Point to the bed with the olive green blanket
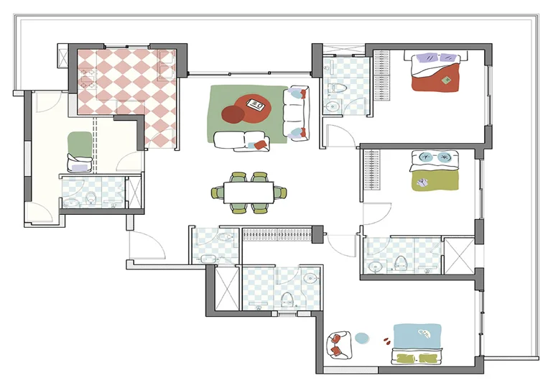click(x=434, y=171)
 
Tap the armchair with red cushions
click(x=338, y=345)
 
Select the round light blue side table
click(x=362, y=337)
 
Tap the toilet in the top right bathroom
click(x=336, y=90)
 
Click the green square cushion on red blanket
click(x=446, y=80)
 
